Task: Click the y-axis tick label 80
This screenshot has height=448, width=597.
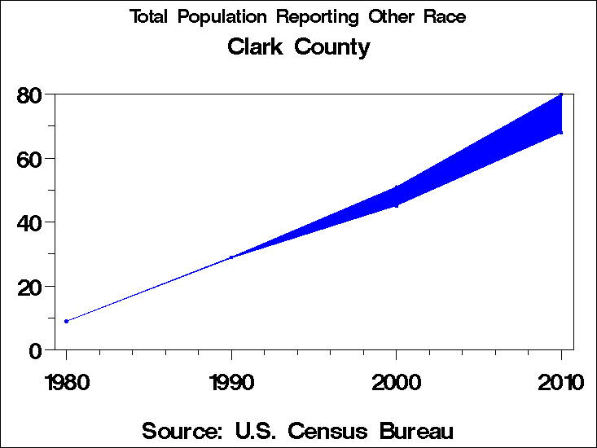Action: [29, 95]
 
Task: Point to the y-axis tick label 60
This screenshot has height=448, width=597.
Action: [29, 159]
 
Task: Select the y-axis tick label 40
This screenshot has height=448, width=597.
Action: [29, 222]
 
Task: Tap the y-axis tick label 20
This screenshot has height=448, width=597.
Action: [29, 287]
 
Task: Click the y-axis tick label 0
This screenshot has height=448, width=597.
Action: [35, 350]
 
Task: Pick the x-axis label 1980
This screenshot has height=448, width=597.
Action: [66, 382]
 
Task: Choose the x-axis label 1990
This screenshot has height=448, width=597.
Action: [231, 382]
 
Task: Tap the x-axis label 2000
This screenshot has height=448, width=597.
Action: [397, 382]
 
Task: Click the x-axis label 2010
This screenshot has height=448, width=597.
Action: [561, 382]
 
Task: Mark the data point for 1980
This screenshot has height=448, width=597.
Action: [66, 321]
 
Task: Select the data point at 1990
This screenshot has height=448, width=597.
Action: [231, 257]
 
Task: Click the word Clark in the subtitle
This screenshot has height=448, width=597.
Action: [256, 47]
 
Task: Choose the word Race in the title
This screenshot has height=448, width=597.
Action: [445, 17]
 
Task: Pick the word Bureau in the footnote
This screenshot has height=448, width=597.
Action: [415, 431]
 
